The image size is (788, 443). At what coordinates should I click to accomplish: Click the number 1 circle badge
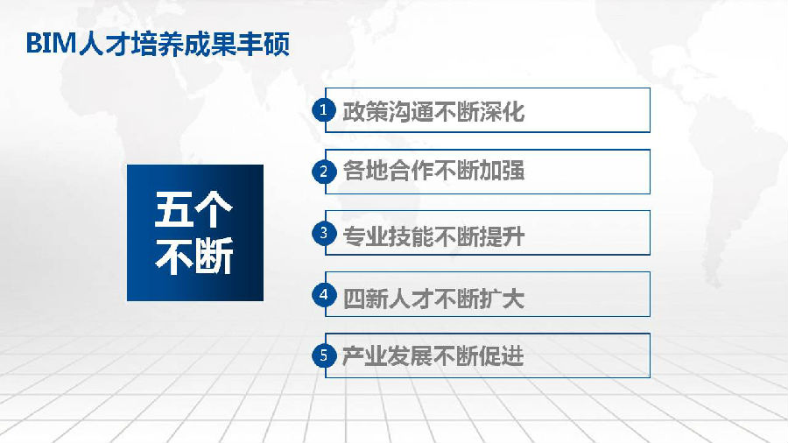pyautogui.click(x=324, y=109)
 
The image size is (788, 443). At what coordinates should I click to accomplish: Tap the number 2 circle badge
pyautogui.click(x=324, y=172)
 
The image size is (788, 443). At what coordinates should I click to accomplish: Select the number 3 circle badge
pyautogui.click(x=324, y=233)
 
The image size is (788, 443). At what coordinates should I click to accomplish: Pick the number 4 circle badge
pyautogui.click(x=324, y=294)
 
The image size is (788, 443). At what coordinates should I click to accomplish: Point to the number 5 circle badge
pyautogui.click(x=324, y=355)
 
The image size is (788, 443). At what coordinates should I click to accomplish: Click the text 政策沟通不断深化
pyautogui.click(x=433, y=111)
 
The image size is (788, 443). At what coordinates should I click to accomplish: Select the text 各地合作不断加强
pyautogui.click(x=433, y=171)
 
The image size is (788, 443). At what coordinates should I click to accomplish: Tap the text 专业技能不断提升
pyautogui.click(x=433, y=236)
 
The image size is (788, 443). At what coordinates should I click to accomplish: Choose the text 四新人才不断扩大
pyautogui.click(x=433, y=299)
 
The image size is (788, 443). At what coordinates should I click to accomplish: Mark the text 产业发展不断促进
pyautogui.click(x=433, y=356)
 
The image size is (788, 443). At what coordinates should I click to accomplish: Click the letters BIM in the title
pyautogui.click(x=51, y=44)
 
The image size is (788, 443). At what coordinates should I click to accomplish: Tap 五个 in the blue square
pyautogui.click(x=193, y=209)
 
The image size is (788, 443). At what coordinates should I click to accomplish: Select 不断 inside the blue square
pyautogui.click(x=194, y=256)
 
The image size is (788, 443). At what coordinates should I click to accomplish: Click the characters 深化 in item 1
pyautogui.click(x=502, y=111)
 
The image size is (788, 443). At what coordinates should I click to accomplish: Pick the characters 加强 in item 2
pyautogui.click(x=502, y=171)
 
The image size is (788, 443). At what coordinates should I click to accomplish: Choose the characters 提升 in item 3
pyautogui.click(x=502, y=236)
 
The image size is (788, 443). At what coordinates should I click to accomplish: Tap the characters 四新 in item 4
pyautogui.click(x=365, y=299)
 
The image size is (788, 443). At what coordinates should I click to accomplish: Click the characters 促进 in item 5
pyautogui.click(x=502, y=356)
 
